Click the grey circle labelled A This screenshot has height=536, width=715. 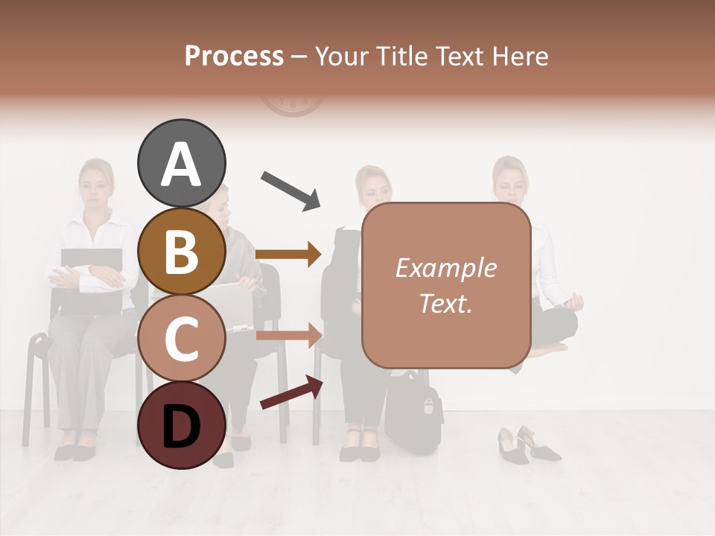(x=181, y=163)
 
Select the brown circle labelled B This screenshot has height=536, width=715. (x=181, y=251)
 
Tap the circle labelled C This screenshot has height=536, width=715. (x=181, y=338)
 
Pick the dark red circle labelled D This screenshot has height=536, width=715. (x=181, y=425)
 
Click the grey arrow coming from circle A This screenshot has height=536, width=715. (x=291, y=190)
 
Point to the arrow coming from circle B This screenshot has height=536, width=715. (x=288, y=255)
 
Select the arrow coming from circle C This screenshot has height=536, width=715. (x=288, y=335)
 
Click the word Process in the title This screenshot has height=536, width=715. (x=234, y=56)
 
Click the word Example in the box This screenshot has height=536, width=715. (x=445, y=268)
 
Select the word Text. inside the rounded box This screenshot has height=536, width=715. (x=445, y=303)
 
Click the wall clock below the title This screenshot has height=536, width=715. (x=293, y=103)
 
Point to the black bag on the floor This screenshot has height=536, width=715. (x=413, y=413)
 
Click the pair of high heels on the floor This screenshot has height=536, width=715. (x=527, y=444)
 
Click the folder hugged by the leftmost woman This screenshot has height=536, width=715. (x=91, y=279)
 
